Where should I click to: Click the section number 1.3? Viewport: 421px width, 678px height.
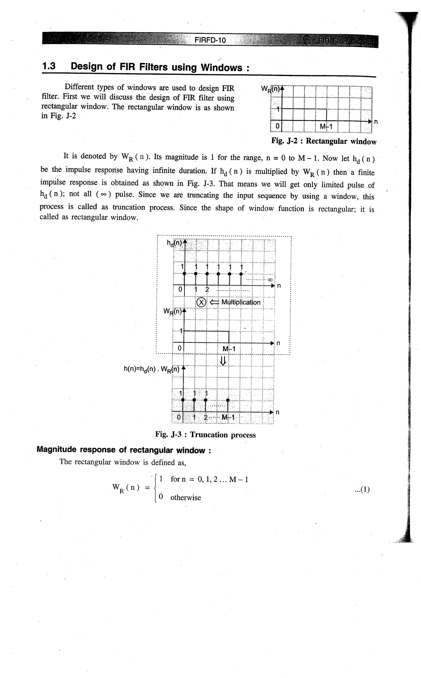pos(49,66)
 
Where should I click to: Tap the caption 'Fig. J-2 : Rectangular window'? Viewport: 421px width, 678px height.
pos(324,141)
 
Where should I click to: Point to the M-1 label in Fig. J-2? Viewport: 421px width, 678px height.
pos(326,127)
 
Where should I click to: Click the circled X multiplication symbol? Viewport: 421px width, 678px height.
pos(201,302)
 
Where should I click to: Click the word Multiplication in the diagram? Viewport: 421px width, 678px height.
pos(241,302)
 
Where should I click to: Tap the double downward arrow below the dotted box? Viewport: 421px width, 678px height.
pos(223,361)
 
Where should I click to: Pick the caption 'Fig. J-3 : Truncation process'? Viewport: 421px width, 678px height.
pos(205,435)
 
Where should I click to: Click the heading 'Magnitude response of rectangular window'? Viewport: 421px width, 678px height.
pos(124,450)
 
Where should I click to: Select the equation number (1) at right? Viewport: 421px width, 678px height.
pos(362,489)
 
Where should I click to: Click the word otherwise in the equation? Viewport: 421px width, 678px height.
pos(185,498)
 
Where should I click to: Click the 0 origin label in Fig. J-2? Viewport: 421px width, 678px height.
pos(277,126)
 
